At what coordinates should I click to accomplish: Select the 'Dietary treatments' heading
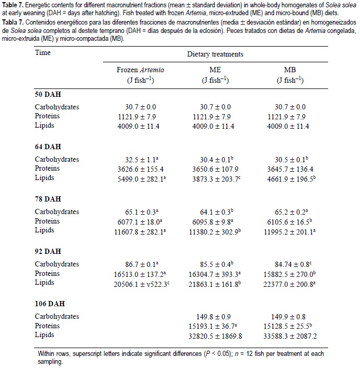click(x=215, y=54)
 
